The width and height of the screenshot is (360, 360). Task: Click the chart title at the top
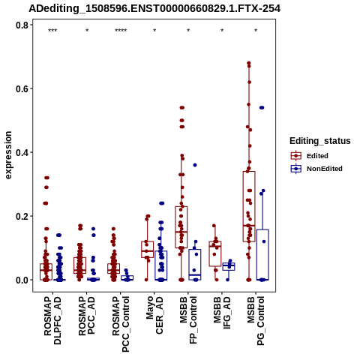coord(154,8)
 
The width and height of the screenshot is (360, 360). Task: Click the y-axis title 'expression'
coord(8,155)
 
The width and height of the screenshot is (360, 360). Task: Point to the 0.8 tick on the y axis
coord(22,25)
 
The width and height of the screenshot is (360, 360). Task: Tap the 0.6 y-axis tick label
coord(22,88)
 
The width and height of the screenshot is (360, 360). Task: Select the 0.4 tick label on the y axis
coord(22,152)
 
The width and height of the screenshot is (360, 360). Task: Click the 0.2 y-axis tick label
coord(22,216)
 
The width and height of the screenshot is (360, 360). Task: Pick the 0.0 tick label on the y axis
coord(22,280)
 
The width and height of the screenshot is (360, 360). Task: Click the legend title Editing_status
coord(320,141)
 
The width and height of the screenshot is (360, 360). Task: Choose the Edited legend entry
coord(310,156)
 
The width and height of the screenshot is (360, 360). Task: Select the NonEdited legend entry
coord(316,169)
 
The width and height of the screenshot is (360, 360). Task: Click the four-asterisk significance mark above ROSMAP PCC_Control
coord(121,31)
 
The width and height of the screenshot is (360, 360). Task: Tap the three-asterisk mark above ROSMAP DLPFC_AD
coord(52,31)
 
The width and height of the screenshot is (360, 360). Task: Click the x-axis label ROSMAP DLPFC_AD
coord(52,320)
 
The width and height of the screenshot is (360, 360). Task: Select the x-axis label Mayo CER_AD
coord(154,315)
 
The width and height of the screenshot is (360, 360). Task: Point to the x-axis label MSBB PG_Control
coord(256,321)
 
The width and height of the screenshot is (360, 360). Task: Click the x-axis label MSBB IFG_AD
coord(222,313)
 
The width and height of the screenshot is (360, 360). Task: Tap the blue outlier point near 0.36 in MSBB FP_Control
coord(195,165)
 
